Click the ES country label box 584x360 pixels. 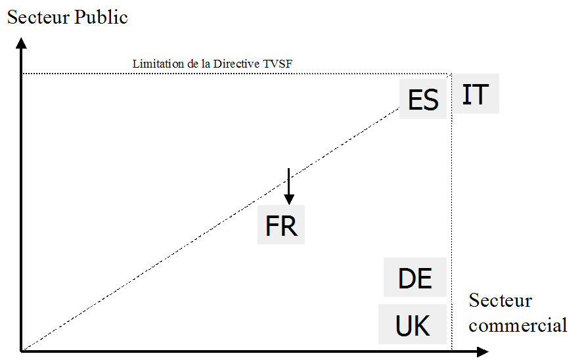(423, 101)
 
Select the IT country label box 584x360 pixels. (476, 95)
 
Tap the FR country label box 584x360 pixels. (281, 226)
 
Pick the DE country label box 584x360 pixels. (415, 279)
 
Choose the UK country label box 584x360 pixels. (413, 325)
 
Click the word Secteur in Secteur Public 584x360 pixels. (37, 18)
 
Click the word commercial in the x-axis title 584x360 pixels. (518, 325)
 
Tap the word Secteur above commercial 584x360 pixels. (501, 302)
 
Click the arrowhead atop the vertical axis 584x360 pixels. (22, 44)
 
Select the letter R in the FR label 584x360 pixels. (290, 226)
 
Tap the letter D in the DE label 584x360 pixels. (407, 279)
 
